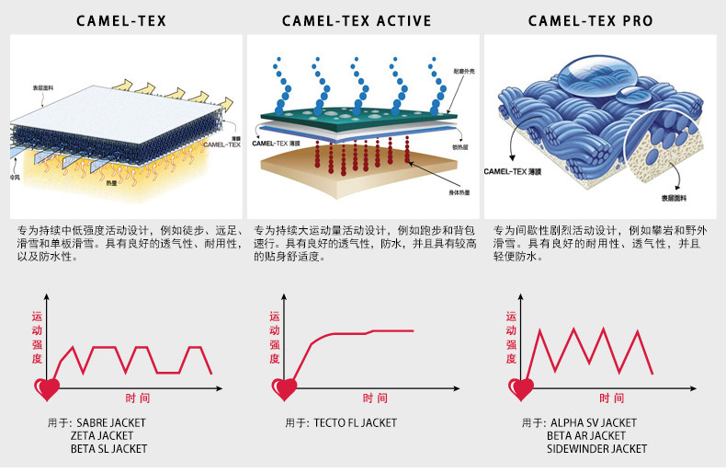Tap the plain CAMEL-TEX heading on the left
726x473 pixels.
[x=121, y=20]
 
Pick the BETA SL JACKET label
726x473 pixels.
[x=108, y=449]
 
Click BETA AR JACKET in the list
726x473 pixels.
[x=586, y=436]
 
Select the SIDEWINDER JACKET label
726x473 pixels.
[x=597, y=449]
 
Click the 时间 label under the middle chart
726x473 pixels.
[x=375, y=398]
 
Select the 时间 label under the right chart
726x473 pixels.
[x=612, y=398]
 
